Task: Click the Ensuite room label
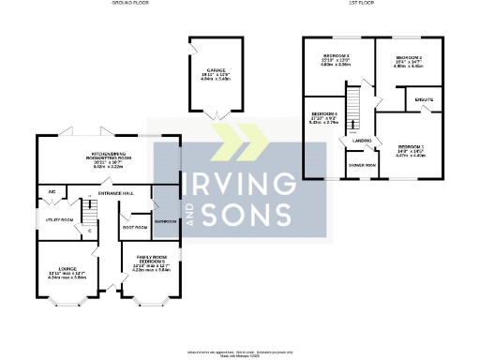click(424, 97)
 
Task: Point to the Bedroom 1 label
click(412, 147)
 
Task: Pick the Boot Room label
click(135, 227)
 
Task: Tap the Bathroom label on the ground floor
click(167, 221)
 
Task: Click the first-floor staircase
click(355, 111)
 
